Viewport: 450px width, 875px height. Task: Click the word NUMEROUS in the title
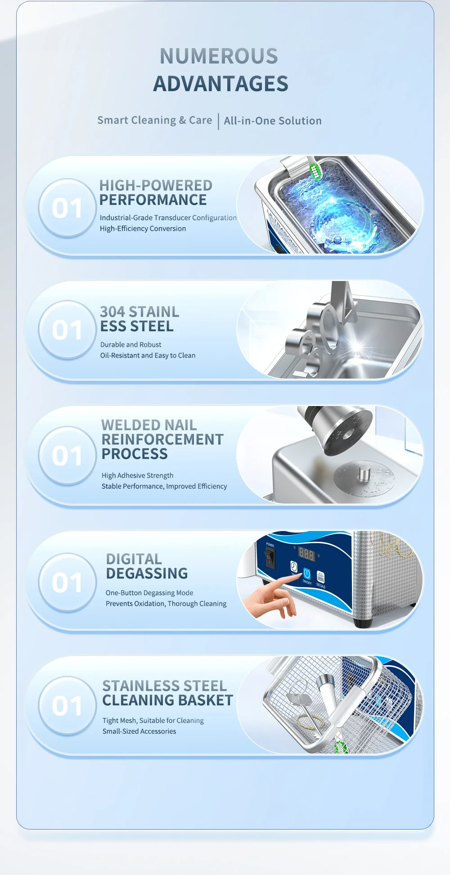[219, 57]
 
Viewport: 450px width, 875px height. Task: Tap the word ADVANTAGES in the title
[220, 84]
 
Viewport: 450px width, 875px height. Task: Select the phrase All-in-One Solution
[273, 121]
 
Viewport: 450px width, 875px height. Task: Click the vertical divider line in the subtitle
[218, 121]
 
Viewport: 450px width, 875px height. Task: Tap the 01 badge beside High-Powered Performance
[67, 208]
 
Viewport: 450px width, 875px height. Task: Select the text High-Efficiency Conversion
[143, 228]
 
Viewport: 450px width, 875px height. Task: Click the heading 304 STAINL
[139, 312]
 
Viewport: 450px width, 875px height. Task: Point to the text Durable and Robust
[130, 344]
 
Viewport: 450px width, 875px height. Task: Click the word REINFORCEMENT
[162, 439]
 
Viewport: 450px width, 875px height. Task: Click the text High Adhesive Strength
[137, 475]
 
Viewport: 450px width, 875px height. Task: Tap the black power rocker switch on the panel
[270, 559]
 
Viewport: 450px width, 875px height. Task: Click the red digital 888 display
[306, 554]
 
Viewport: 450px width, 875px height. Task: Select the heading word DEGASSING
[147, 573]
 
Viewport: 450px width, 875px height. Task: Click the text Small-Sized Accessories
[139, 731]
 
